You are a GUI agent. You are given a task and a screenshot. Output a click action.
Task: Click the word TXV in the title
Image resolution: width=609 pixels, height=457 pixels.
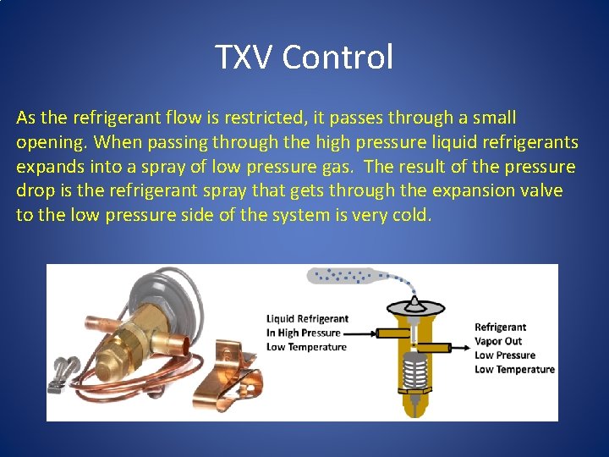click(x=244, y=58)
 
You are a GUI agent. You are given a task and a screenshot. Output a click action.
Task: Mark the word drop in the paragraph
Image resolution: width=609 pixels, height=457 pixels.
click(x=34, y=190)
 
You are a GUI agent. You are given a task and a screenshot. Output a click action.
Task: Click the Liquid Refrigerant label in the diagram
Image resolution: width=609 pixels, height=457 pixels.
click(x=307, y=319)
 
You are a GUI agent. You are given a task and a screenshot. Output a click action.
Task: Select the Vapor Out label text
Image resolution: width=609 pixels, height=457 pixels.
click(x=498, y=341)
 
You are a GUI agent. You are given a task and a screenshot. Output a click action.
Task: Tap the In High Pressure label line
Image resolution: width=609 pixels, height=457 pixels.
click(x=303, y=333)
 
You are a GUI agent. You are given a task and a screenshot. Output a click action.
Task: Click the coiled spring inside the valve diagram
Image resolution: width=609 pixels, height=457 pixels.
click(x=414, y=372)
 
